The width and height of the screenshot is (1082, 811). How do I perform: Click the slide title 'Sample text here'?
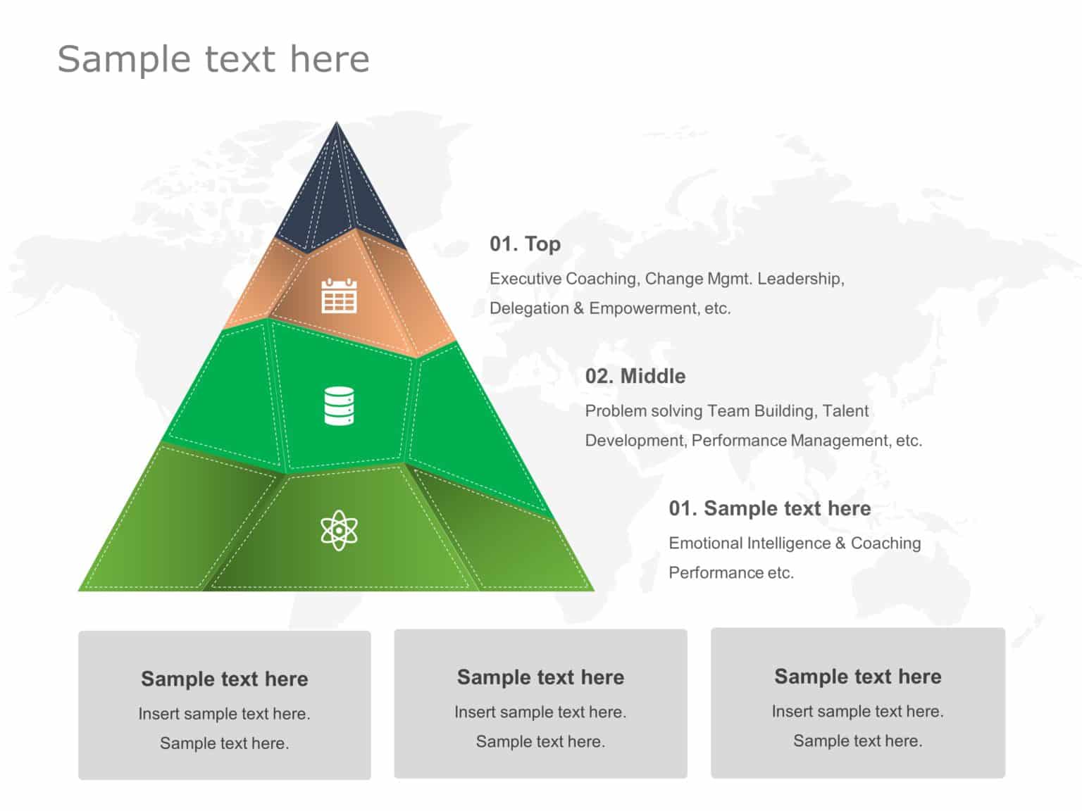(x=213, y=59)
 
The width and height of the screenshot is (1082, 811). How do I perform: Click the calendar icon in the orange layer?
(x=339, y=296)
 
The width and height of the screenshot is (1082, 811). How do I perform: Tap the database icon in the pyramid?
(x=339, y=405)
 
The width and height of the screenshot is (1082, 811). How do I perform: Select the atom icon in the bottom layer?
(x=339, y=530)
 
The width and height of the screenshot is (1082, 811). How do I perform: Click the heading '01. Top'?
(x=525, y=244)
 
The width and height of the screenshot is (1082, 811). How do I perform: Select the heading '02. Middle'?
(x=635, y=376)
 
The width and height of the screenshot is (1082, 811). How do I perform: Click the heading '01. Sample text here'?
(x=769, y=508)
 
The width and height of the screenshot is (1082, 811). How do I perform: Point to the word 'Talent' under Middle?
(x=845, y=411)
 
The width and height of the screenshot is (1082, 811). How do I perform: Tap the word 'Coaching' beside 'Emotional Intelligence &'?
(x=885, y=543)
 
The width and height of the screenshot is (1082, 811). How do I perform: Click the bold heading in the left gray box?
(x=224, y=679)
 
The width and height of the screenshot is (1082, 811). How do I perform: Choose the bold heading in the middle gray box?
(x=540, y=677)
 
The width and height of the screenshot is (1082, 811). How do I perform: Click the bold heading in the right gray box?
(x=857, y=677)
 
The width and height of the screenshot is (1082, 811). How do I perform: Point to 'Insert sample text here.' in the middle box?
(x=540, y=712)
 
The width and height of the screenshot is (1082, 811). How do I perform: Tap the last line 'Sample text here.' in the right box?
(x=857, y=741)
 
